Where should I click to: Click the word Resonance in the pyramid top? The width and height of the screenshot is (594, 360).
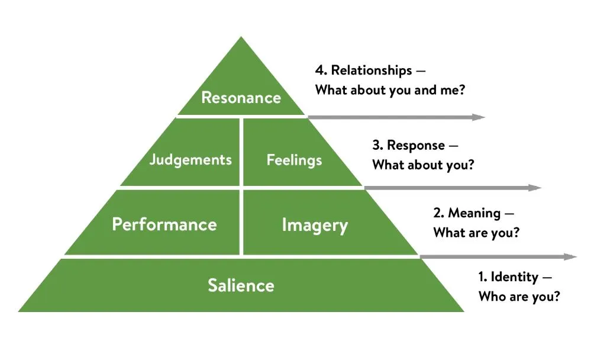pos(241,97)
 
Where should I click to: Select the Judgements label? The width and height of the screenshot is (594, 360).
pos(190,160)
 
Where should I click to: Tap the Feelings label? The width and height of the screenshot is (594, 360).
pos(294,160)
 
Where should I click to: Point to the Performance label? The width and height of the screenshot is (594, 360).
pos(164,224)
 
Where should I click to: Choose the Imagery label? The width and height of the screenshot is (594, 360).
pos(315,225)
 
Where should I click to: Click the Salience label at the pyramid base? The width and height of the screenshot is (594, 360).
pos(241,285)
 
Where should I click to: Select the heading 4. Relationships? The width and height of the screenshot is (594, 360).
pos(363,70)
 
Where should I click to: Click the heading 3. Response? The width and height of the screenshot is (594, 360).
pos(408,145)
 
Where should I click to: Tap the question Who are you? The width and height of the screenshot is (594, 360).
pos(519,297)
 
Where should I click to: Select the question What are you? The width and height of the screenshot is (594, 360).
pos(476,233)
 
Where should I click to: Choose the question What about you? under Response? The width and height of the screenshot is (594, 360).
pos(423,165)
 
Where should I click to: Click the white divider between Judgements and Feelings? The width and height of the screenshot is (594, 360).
pos(241,152)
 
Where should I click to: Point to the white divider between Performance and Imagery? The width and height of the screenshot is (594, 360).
pos(241,222)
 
